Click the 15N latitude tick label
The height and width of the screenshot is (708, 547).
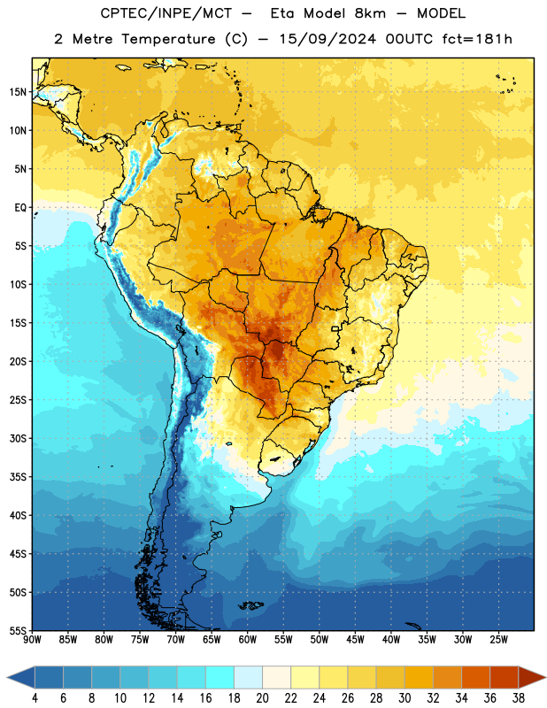pos(18,92)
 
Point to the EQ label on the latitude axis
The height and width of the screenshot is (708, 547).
pos(20,208)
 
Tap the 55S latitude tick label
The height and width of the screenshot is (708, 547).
pos(18,630)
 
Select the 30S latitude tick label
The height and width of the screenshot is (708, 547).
pos(18,438)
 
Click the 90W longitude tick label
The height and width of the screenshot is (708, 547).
pos(32,640)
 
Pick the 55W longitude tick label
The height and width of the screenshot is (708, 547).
pos(283,640)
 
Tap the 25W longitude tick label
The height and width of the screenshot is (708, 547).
pos(498,640)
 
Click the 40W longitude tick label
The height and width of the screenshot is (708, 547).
pos(391,640)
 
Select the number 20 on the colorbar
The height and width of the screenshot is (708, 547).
pos(262,698)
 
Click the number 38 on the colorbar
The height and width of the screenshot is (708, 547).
pos(518,698)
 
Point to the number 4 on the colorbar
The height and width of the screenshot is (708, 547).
pos(35,698)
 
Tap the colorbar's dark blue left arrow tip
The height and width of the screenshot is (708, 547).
pos(8,677)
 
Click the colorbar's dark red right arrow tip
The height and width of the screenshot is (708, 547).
pos(545,677)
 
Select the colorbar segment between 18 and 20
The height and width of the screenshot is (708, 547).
pos(249,677)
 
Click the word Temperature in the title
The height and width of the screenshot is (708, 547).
pos(168,39)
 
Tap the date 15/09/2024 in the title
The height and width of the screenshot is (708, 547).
pos(327,39)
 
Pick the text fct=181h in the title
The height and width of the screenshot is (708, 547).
pos(477,39)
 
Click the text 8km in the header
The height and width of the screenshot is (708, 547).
pos(370,13)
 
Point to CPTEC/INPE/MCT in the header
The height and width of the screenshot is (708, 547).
pos(166,13)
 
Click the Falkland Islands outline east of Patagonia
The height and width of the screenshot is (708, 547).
pos(251,605)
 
